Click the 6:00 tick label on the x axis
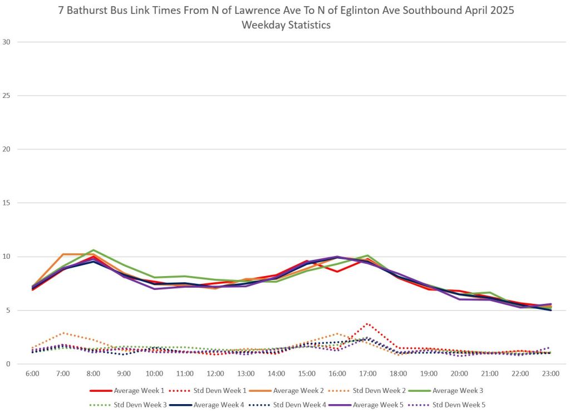[32, 374]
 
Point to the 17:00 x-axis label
[368, 374]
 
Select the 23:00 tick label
[551, 374]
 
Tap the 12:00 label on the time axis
[215, 374]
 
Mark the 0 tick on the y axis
[9, 364]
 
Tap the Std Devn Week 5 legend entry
[458, 405]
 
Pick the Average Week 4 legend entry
[243, 405]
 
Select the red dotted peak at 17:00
[368, 323]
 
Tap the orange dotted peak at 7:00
[63, 333]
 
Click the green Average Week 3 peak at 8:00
[94, 250]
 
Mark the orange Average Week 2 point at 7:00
[63, 254]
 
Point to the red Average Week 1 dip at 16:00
[337, 272]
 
